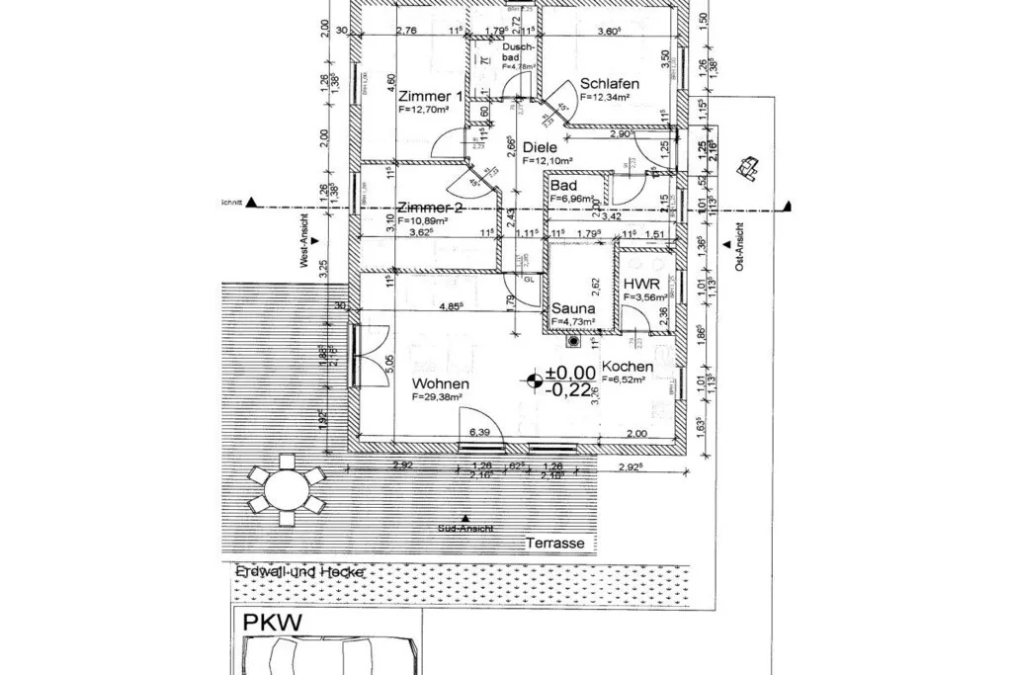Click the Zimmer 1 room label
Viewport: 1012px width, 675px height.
430,97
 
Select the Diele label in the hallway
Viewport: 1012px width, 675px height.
541,147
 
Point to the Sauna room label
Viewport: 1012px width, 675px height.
572,308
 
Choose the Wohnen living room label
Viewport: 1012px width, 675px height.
441,383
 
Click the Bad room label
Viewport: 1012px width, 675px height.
564,186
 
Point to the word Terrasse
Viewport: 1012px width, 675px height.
554,544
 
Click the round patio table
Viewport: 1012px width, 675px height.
287,488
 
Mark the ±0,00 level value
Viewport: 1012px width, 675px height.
571,373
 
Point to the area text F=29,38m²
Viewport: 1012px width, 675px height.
439,397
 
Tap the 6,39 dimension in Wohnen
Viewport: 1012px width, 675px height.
479,432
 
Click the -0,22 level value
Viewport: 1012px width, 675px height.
572,389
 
